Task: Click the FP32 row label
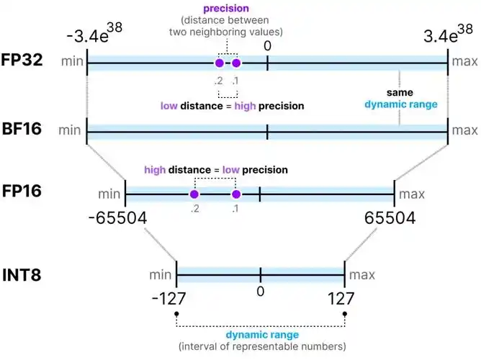click(22, 60)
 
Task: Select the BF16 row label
click(22, 130)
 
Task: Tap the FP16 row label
click(22, 192)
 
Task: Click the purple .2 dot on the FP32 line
click(220, 64)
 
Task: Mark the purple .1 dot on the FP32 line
click(235, 64)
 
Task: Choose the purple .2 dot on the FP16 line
click(194, 194)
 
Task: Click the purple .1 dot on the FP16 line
click(235, 194)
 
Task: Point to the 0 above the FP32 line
click(267, 45)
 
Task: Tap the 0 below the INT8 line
click(261, 291)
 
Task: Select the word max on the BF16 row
click(464, 130)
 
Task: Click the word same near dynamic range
click(399, 94)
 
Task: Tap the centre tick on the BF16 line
click(267, 132)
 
